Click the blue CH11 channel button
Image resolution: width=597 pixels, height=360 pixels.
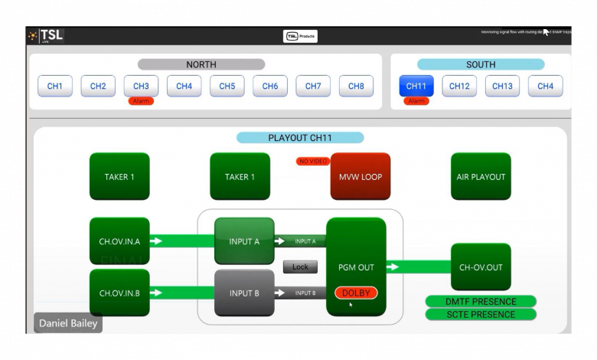click(416, 86)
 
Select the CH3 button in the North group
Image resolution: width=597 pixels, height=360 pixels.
click(141, 86)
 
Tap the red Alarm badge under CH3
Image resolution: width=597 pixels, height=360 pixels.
click(141, 101)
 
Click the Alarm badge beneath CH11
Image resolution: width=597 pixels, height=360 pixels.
click(416, 101)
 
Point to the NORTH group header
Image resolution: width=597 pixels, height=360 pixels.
click(201, 64)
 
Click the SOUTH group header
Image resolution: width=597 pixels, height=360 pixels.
click(481, 64)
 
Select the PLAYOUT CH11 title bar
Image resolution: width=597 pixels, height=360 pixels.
click(300, 138)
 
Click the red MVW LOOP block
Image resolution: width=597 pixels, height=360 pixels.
click(360, 177)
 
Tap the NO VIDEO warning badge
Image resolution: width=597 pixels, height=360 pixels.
click(313, 161)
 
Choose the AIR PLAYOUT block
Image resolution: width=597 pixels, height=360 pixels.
click(481, 177)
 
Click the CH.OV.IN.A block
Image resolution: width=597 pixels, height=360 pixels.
click(119, 241)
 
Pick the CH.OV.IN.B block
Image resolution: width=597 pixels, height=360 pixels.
click(119, 293)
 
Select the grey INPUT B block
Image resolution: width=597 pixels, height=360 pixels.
click(244, 293)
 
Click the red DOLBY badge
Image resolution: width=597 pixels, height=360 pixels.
click(356, 293)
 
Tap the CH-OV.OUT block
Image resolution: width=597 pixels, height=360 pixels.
click(481, 267)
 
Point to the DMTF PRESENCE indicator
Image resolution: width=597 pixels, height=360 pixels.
click(481, 302)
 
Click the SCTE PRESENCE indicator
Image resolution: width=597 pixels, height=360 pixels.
click(481, 315)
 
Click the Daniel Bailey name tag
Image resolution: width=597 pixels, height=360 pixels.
click(67, 323)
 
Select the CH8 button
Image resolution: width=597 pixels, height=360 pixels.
click(356, 86)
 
